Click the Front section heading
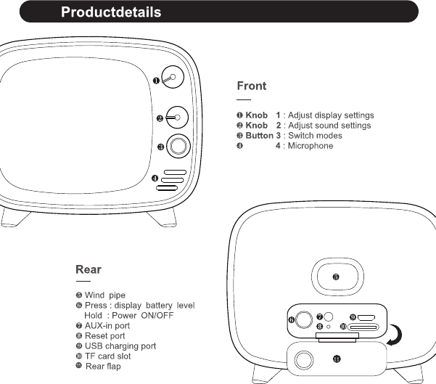point(252,86)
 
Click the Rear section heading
point(89,270)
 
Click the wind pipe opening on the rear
point(336,277)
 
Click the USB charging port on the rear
point(366,318)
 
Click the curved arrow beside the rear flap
point(396,335)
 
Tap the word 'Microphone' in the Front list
point(309,146)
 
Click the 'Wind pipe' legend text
point(105,295)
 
